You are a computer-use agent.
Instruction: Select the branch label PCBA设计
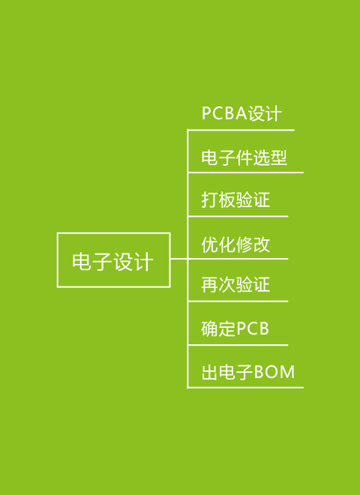(x=241, y=113)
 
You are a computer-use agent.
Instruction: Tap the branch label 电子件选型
(x=244, y=157)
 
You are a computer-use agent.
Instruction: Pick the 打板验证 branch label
(x=235, y=199)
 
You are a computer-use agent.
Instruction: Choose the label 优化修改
(x=235, y=244)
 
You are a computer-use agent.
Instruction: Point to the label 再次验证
(x=235, y=285)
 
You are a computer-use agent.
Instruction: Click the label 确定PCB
(x=235, y=329)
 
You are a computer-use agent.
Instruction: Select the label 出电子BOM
(x=248, y=372)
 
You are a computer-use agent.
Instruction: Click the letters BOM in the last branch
(x=274, y=372)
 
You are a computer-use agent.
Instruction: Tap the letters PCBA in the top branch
(x=224, y=113)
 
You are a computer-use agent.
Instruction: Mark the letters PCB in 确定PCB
(x=253, y=329)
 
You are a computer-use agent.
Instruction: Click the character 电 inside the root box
(x=82, y=262)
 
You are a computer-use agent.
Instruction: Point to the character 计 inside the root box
(x=143, y=262)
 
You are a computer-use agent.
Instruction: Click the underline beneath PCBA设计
(x=241, y=130)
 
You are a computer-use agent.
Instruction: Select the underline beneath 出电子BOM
(x=245, y=387)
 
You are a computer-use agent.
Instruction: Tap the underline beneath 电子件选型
(x=245, y=172)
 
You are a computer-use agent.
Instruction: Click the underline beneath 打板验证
(x=238, y=217)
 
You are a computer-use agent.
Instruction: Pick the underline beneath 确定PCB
(x=238, y=345)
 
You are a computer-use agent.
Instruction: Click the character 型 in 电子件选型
(x=278, y=157)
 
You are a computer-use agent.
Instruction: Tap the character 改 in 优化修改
(x=262, y=244)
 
